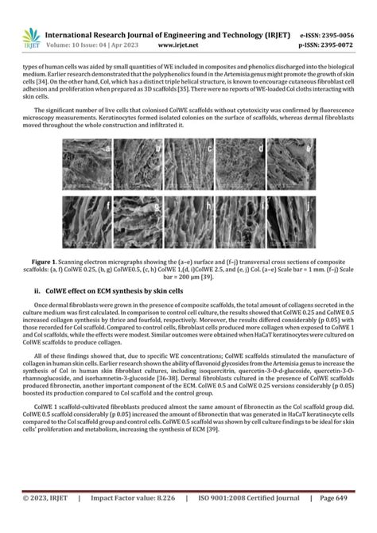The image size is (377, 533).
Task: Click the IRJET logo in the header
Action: pos(32,35)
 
